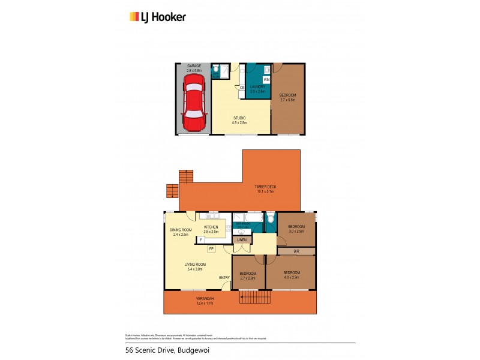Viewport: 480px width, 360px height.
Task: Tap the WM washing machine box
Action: point(266,79)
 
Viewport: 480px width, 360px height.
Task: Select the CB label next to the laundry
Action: point(242,88)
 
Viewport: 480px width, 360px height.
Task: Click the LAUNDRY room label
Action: point(257,88)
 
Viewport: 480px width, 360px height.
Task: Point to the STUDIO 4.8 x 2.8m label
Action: point(241,121)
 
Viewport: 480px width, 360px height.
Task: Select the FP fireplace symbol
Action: point(211,248)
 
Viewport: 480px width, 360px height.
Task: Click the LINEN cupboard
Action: point(242,240)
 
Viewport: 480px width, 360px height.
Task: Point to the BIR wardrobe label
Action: point(296,251)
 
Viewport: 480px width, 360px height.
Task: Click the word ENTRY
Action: point(224,277)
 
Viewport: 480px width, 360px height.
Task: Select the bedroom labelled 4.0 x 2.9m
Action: point(291,275)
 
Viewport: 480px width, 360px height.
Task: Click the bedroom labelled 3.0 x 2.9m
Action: point(296,229)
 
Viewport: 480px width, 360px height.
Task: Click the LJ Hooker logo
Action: point(158,17)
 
